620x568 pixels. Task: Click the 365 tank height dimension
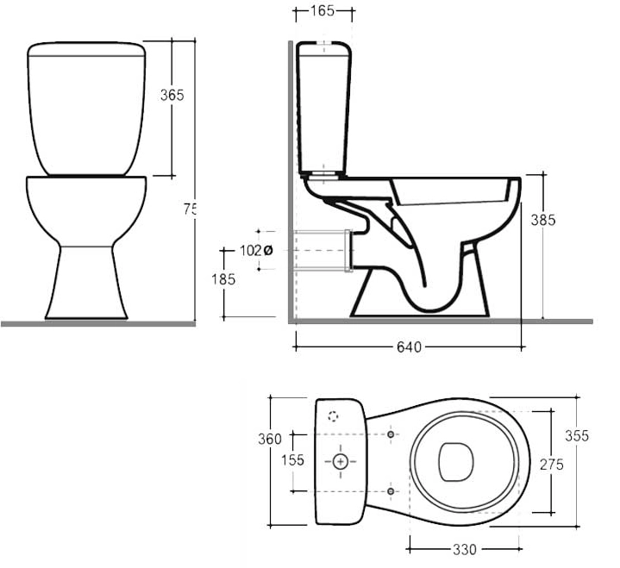172,95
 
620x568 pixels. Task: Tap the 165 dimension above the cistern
323,12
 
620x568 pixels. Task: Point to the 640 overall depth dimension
409,347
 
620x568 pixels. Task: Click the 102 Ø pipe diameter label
255,251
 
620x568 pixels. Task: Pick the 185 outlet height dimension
224,279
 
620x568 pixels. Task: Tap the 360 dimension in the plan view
270,439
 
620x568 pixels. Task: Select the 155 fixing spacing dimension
293,460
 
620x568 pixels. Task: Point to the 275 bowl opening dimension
551,465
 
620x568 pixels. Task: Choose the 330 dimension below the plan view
465,549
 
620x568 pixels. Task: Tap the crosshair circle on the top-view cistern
341,462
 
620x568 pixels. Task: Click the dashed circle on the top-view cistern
334,416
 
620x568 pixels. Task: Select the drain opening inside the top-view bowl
454,462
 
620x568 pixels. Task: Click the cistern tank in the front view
85,108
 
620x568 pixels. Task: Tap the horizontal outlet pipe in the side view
321,251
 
